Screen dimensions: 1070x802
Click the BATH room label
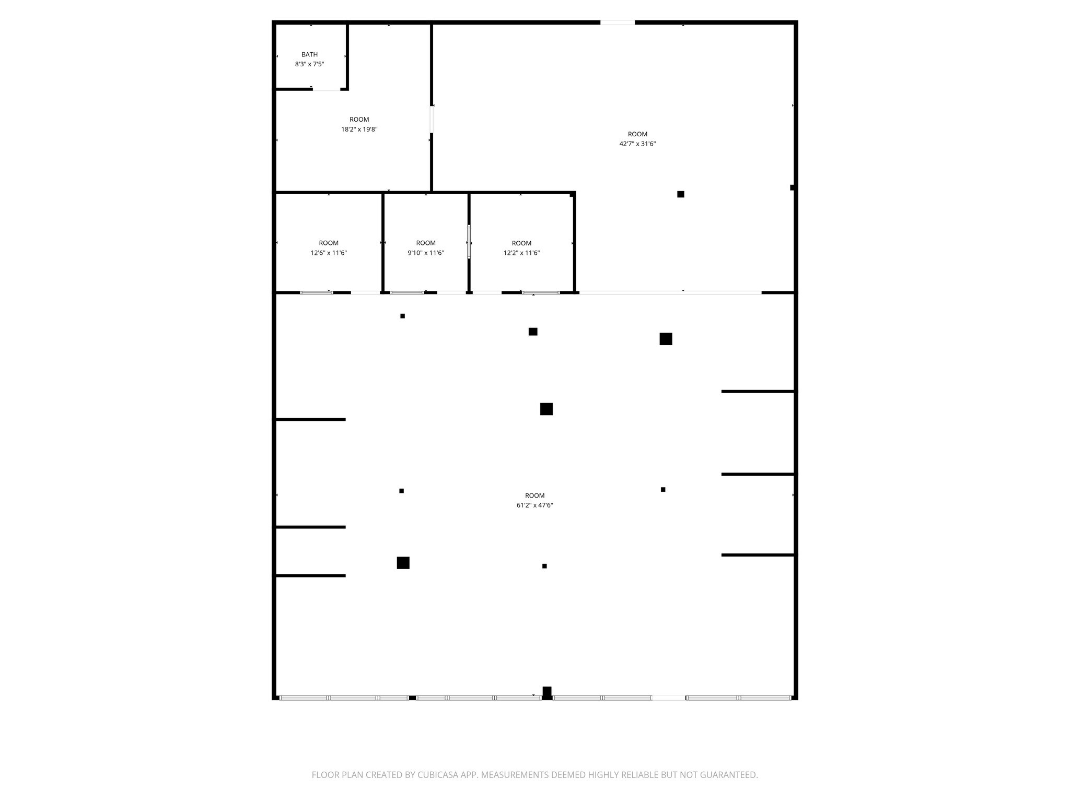pos(309,54)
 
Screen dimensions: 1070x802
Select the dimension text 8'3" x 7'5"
pos(309,64)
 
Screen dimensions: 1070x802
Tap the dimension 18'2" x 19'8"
pos(359,129)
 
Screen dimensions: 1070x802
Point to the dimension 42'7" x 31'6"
pos(637,144)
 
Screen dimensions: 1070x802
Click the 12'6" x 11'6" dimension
pos(329,253)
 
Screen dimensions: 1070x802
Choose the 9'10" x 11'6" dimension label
pos(426,253)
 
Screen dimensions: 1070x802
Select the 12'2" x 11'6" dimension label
pos(521,253)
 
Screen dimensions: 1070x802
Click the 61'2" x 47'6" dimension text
pos(534,505)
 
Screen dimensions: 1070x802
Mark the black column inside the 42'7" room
pos(680,194)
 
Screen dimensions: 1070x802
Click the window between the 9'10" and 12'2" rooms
pos(469,242)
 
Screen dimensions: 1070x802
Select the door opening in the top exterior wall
pos(617,22)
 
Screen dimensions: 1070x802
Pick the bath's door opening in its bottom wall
pos(327,89)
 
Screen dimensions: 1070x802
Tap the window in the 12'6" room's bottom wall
pos(316,292)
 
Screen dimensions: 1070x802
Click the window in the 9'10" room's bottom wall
pos(407,292)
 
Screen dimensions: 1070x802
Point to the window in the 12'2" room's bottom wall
pos(541,292)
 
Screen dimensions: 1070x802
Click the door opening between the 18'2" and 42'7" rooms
pos(432,119)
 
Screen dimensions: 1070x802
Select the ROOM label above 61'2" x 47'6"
pos(534,496)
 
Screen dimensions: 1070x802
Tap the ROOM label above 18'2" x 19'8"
pos(359,120)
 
